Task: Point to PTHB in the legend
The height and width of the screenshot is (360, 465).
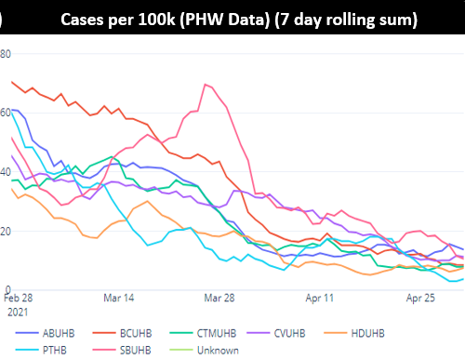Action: click(58, 350)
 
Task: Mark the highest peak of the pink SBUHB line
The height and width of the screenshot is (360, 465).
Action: click(203, 85)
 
